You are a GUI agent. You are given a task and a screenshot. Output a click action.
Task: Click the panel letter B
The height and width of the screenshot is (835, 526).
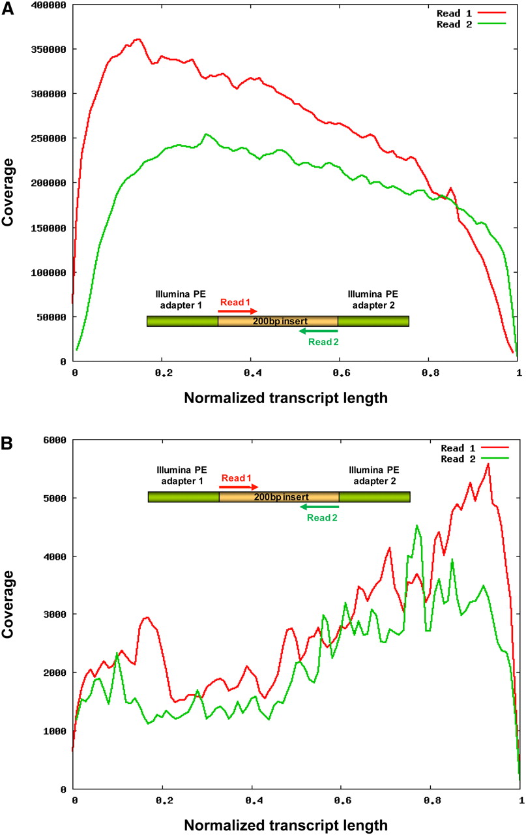8,444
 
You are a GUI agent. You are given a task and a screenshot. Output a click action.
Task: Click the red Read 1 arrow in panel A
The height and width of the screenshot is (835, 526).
239,311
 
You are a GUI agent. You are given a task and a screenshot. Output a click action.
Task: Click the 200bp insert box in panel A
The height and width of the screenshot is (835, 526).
278,321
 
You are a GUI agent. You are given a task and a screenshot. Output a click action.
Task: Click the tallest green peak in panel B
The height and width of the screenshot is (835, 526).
417,525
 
